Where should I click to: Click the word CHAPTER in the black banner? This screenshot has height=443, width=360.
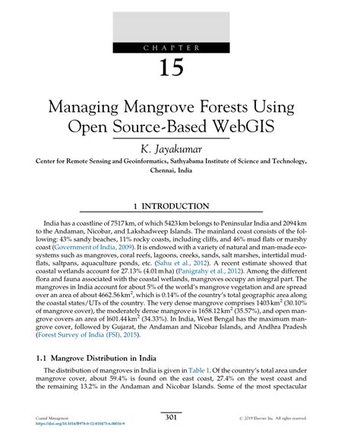(180, 48)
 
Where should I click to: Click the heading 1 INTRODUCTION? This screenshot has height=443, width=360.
(179, 206)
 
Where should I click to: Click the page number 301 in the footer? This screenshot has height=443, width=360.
(180, 416)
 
